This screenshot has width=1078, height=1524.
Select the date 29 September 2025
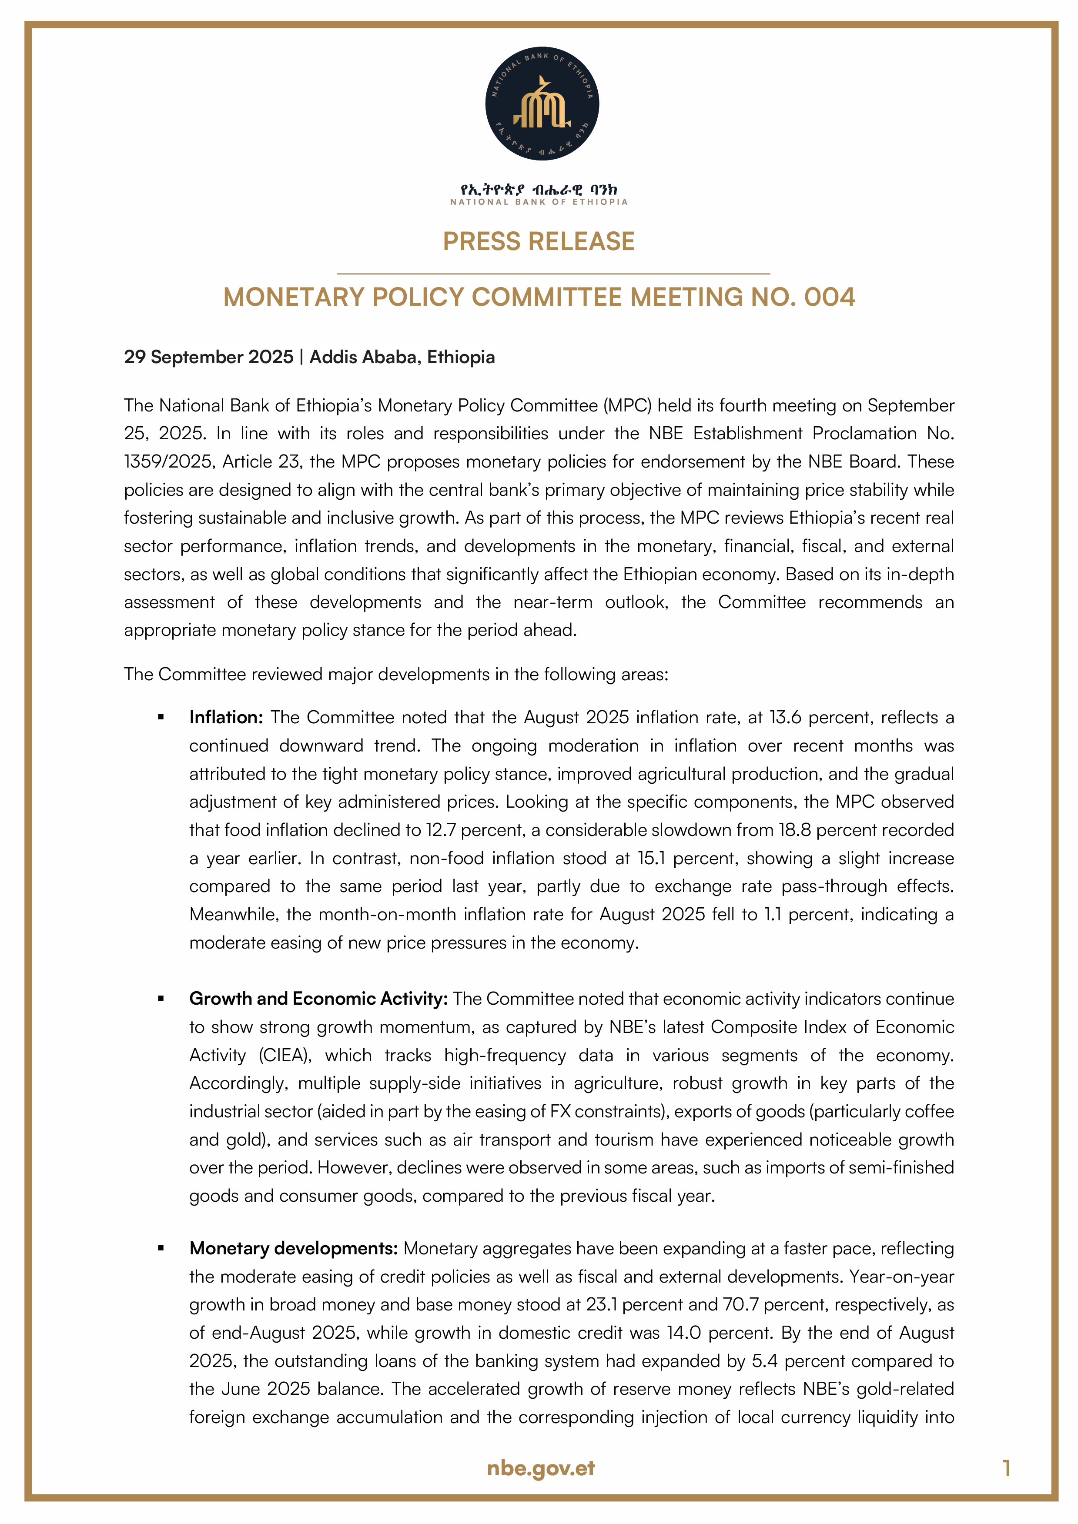coord(208,357)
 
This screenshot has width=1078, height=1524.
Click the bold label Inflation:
coord(226,718)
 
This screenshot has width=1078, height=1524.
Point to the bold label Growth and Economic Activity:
coord(318,999)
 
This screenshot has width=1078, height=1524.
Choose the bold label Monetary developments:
coord(293,1249)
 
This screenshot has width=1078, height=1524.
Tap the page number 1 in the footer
coord(1006,1467)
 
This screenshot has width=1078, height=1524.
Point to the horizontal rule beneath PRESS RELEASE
coord(553,274)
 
